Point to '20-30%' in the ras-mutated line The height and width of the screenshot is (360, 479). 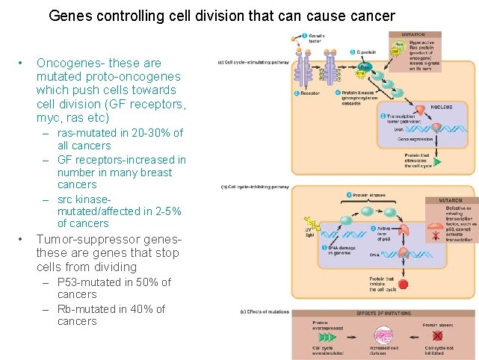[x=150, y=133]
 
